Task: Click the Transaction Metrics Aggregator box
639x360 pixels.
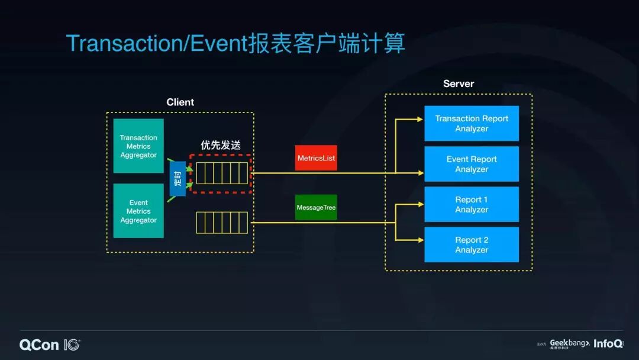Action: pos(138,146)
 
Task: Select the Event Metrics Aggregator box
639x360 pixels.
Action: pos(138,211)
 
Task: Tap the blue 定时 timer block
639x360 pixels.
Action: pos(177,178)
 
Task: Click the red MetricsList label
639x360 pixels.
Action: pos(316,158)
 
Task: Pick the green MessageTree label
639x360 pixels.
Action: pos(316,207)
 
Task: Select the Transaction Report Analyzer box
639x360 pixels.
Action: pos(472,123)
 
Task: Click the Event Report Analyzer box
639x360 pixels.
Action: pos(472,164)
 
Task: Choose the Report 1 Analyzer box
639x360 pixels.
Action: pos(472,204)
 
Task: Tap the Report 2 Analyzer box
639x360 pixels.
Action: pos(472,245)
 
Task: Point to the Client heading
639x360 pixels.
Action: pos(180,102)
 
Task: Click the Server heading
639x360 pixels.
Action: pos(459,83)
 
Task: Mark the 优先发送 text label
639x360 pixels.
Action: pos(221,145)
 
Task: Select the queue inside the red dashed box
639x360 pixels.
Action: pos(222,173)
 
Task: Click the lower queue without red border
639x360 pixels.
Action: pos(222,223)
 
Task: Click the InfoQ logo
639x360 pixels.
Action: pos(608,343)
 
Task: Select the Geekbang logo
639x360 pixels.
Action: pos(569,343)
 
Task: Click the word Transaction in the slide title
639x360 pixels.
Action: pos(125,44)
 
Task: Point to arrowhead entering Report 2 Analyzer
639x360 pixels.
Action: pos(421,240)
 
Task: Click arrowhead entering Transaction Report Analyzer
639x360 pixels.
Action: pos(421,119)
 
